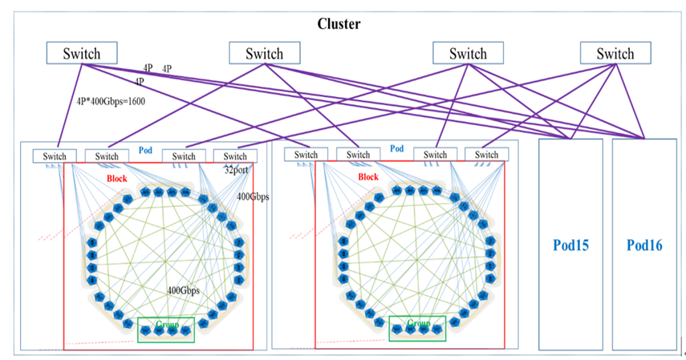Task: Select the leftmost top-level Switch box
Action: [x=82, y=54]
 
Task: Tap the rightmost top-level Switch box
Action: [x=615, y=54]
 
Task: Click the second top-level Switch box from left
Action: [x=265, y=54]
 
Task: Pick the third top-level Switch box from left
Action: [x=468, y=54]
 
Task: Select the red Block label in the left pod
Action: [x=118, y=177]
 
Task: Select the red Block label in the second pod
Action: [x=368, y=176]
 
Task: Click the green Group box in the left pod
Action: [x=166, y=330]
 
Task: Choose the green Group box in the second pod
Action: [x=417, y=328]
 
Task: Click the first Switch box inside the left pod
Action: [x=55, y=156]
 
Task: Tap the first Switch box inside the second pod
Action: [x=306, y=155]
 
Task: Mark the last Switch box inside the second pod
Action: [x=487, y=155]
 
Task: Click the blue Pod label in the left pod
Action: [x=145, y=150]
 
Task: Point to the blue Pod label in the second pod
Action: [x=396, y=149]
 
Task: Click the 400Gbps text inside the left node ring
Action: [x=183, y=290]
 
